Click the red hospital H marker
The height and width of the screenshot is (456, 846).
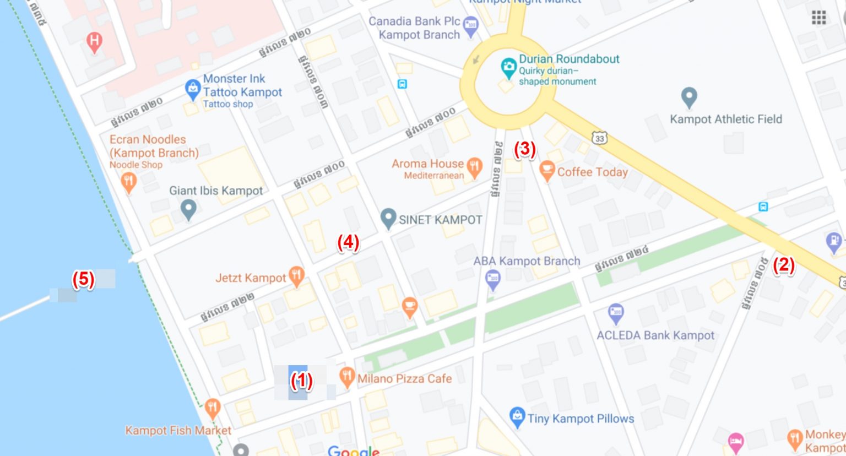pyautogui.click(x=95, y=41)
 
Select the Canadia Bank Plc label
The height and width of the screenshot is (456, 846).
pyautogui.click(x=414, y=28)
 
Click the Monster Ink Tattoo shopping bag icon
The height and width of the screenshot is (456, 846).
pyautogui.click(x=192, y=89)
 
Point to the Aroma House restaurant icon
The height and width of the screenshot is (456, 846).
pyautogui.click(x=474, y=166)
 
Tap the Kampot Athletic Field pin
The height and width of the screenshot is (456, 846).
pyautogui.click(x=689, y=97)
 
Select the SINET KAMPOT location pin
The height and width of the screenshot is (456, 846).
pyautogui.click(x=388, y=218)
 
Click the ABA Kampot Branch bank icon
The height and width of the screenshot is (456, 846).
pyautogui.click(x=493, y=279)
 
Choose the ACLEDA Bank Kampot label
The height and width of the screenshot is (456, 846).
pyautogui.click(x=655, y=335)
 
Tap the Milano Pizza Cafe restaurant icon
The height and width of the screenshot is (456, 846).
pyautogui.click(x=346, y=377)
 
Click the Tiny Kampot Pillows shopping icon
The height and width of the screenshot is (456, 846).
pyautogui.click(x=517, y=417)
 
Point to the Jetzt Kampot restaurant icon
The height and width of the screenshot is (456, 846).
pyautogui.click(x=297, y=276)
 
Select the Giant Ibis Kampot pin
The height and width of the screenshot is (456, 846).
pyautogui.click(x=189, y=209)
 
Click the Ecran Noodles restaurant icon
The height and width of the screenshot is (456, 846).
pyautogui.click(x=128, y=181)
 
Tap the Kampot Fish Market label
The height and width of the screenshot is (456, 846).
pyautogui.click(x=178, y=431)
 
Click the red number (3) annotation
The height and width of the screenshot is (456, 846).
pyautogui.click(x=524, y=149)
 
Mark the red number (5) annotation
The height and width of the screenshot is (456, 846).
pyautogui.click(x=83, y=279)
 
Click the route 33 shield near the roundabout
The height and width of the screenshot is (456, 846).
pyautogui.click(x=600, y=138)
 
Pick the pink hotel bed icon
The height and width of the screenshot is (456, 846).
pyautogui.click(x=736, y=441)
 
